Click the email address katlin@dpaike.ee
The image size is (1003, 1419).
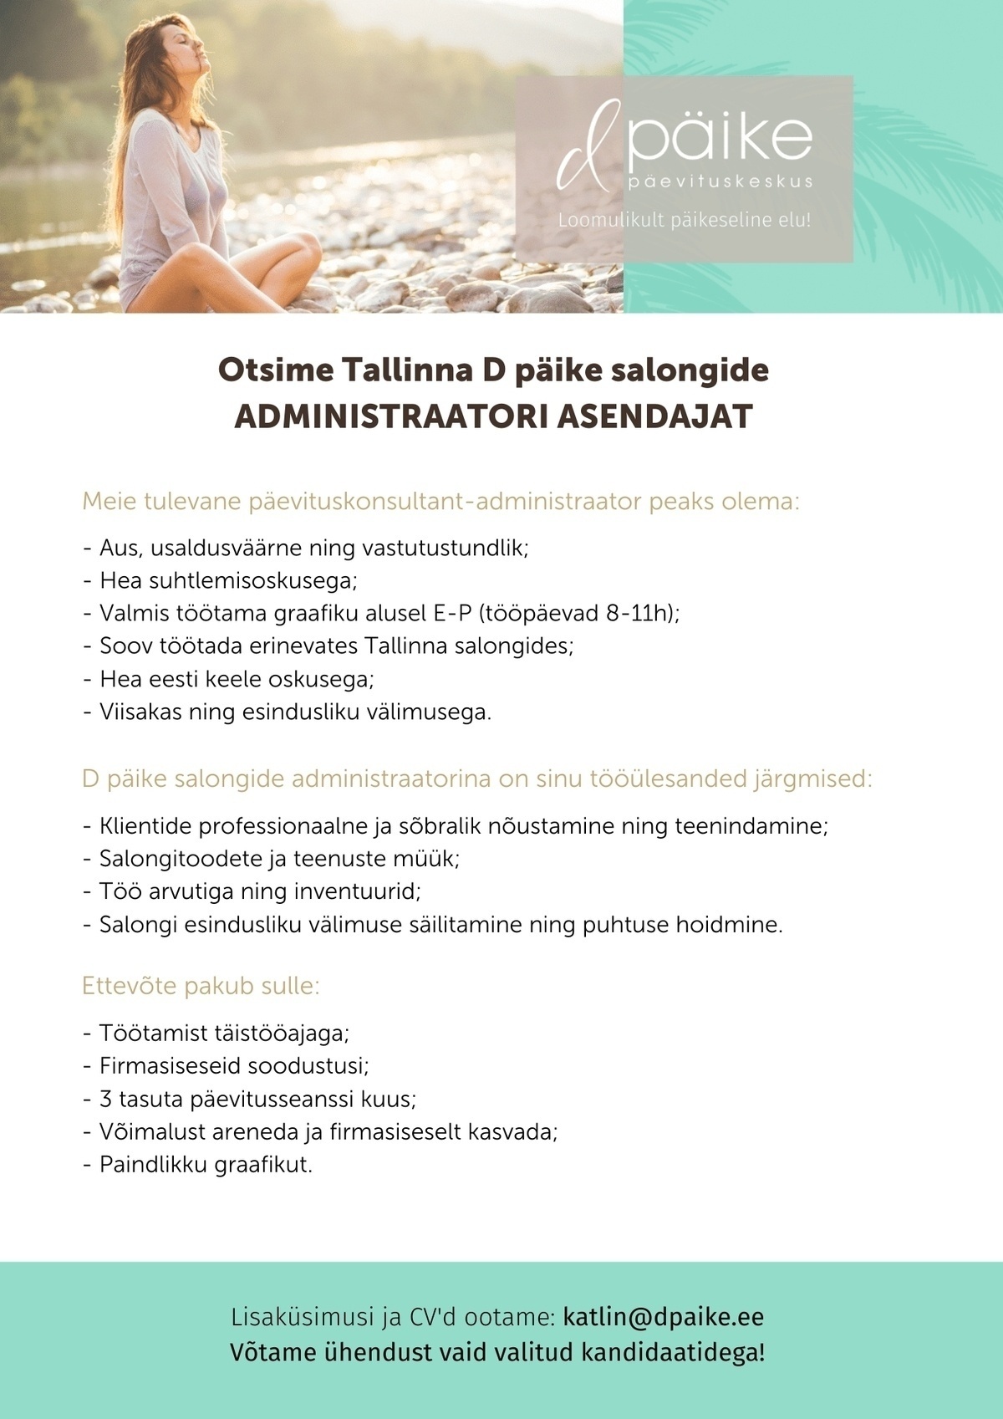(664, 1317)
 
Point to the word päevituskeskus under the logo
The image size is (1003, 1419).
(720, 181)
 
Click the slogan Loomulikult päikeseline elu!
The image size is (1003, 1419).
(684, 221)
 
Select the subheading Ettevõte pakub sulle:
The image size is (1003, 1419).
(201, 986)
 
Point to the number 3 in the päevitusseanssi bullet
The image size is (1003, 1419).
(106, 1099)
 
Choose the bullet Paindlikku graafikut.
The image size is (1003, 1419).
(206, 1164)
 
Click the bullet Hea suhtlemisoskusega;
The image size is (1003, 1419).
(228, 580)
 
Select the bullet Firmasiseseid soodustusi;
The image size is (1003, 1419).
(234, 1066)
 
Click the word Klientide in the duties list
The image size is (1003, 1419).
(145, 826)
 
